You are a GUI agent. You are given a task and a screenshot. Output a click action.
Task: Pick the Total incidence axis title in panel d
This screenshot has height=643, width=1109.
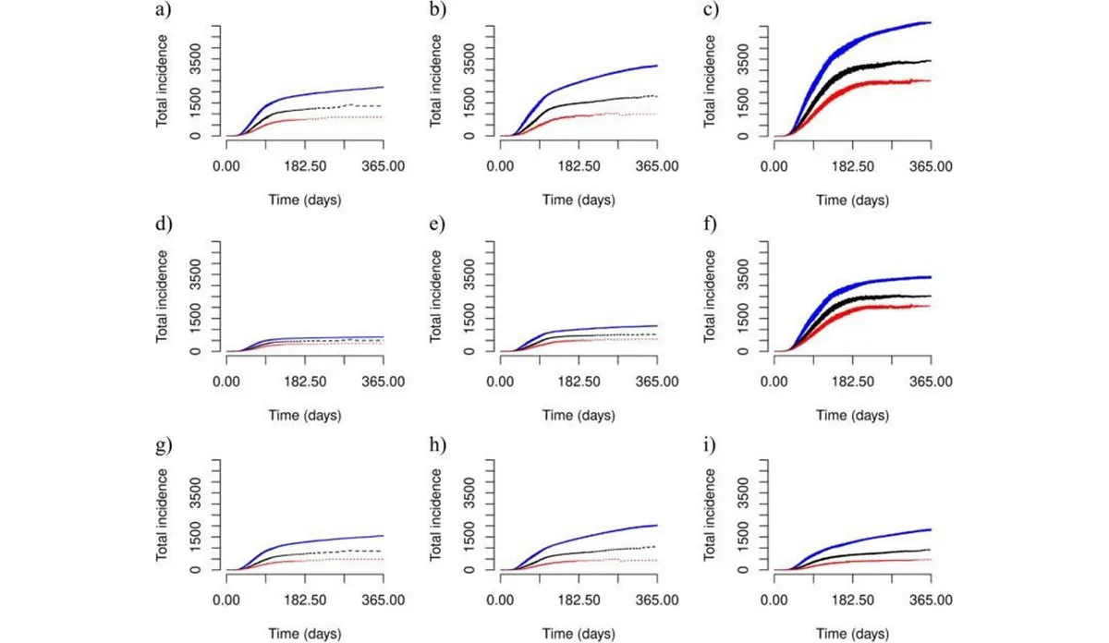(163, 293)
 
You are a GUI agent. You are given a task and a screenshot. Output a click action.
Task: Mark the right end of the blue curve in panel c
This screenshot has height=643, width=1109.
(930, 22)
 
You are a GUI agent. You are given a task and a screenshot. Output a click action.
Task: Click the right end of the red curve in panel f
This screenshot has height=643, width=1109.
(930, 306)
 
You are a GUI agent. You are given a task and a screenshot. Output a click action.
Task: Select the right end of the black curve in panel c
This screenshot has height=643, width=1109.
(930, 61)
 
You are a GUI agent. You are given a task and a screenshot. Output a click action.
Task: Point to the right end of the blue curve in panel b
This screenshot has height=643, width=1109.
(657, 66)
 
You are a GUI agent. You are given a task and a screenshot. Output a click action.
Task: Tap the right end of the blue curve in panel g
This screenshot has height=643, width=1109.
(384, 536)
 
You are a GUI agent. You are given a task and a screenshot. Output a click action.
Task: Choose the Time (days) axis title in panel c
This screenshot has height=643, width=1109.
(851, 200)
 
